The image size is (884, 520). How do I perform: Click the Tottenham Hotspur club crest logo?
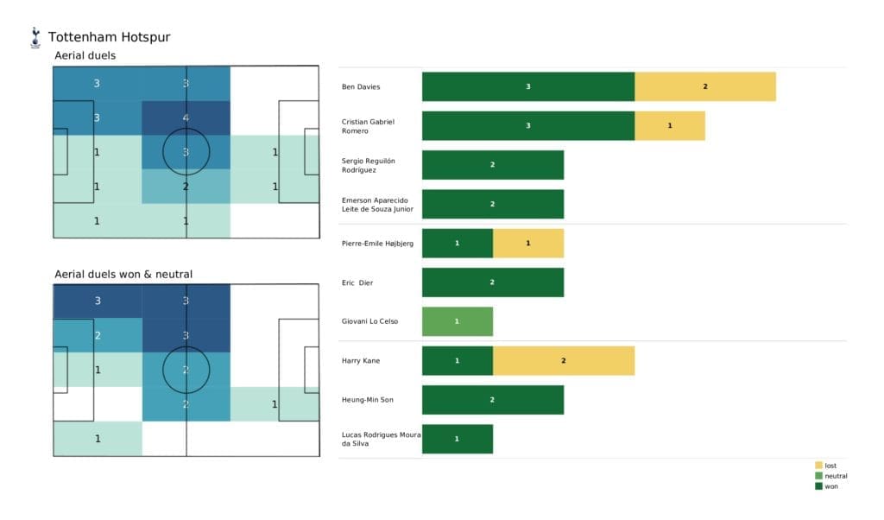pos(35,37)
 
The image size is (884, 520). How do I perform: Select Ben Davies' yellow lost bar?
pos(704,86)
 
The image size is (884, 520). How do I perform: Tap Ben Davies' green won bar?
pos(528,86)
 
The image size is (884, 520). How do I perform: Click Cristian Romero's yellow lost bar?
pos(669,125)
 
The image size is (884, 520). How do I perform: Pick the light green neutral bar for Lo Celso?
pos(457,321)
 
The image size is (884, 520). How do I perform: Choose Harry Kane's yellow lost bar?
pos(563,360)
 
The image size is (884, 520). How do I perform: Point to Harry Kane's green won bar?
pos(457,360)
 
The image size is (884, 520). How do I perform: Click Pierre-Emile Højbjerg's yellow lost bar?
pos(527,243)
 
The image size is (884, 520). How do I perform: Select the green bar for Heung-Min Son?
pos(492,399)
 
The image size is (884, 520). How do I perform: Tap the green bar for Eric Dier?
pos(492,282)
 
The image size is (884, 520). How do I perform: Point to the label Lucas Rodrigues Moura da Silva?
pos(380,439)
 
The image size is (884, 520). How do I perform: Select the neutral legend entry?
pos(830,476)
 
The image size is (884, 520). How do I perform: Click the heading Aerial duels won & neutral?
pos(123,275)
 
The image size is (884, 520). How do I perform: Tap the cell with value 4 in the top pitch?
pos(186,117)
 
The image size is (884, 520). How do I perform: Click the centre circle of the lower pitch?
pos(186,370)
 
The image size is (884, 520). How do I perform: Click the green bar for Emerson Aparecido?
pos(492,204)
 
